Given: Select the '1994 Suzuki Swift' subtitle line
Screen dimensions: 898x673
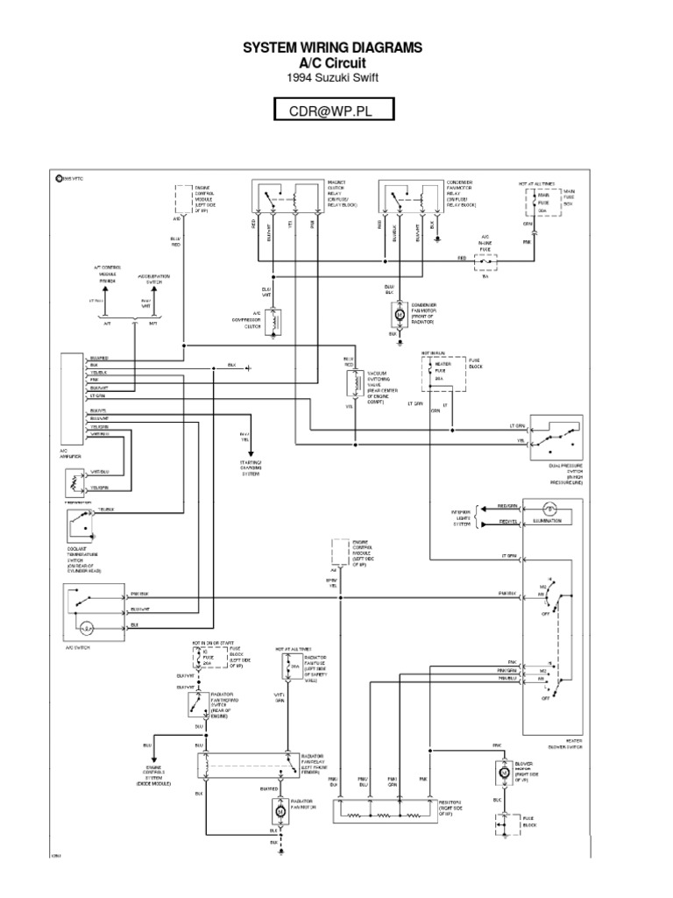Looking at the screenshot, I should [336, 76].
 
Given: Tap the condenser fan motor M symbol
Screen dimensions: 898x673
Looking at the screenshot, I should [400, 312].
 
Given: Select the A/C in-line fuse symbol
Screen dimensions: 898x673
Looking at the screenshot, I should [484, 260].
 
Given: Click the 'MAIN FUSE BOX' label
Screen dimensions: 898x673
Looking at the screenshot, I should [569, 196].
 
